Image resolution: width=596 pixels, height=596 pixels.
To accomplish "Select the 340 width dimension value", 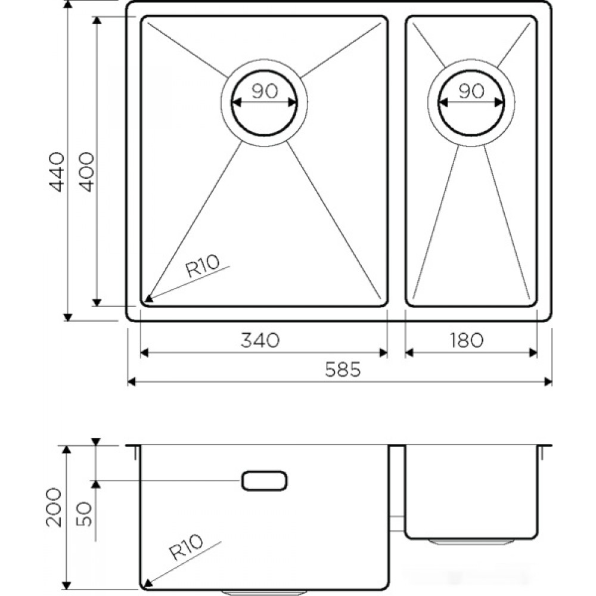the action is coord(260,340).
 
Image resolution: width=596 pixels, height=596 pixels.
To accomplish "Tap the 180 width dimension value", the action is coord(467,340).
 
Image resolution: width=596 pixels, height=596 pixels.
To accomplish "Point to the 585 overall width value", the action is coord(343,369).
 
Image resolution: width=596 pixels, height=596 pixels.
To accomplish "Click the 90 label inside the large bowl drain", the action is coord(265,91).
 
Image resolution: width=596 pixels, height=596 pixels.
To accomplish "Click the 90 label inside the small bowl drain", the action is coord(471,91).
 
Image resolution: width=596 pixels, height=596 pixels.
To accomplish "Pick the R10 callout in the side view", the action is coord(186,547).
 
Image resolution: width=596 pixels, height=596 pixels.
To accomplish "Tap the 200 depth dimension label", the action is coord(53,507).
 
